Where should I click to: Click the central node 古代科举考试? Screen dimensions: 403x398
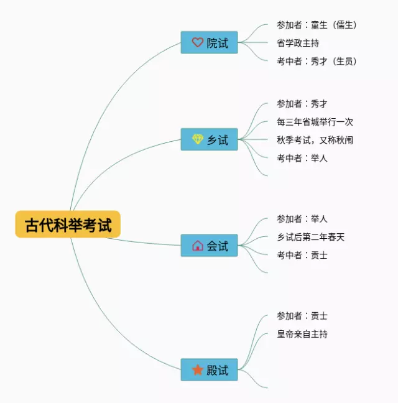click(68, 225)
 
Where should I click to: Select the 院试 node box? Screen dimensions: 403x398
click(209, 43)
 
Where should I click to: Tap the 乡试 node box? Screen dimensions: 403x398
click(209, 140)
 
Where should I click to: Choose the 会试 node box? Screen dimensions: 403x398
click(209, 246)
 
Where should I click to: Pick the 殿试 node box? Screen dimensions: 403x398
click(209, 370)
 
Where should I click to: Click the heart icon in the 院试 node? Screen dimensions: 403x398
click(198, 43)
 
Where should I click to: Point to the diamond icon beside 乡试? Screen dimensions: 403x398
click(198, 140)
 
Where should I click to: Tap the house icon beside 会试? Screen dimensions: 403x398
click(198, 246)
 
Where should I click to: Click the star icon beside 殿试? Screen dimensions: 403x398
click(198, 370)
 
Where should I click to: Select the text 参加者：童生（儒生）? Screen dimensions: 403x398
click(317, 25)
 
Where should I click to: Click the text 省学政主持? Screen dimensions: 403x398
click(298, 43)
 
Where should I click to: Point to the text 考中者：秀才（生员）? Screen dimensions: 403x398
click(317, 61)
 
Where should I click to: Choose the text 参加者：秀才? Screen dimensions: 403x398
click(302, 104)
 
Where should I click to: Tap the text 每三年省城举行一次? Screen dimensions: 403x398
click(315, 122)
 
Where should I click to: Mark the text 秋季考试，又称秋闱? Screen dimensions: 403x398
click(315, 140)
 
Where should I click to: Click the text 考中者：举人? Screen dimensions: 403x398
click(302, 158)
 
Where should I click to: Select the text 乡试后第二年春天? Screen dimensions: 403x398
click(310, 237)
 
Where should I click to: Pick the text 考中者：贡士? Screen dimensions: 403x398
click(302, 255)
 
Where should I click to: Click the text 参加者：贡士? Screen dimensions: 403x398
click(302, 316)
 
